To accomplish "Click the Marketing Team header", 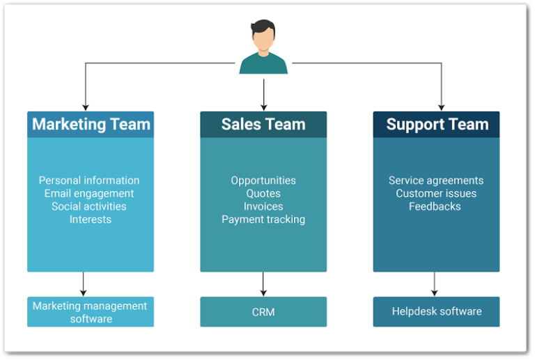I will (x=91, y=125).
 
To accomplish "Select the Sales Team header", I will (x=263, y=125).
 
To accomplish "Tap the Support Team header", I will (x=437, y=125).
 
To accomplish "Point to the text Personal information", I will (x=89, y=180).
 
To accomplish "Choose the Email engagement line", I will (x=89, y=194).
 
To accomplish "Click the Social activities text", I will (x=89, y=206).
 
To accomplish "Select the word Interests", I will (x=90, y=219).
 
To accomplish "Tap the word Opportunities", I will (x=263, y=180).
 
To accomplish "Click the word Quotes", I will (x=263, y=194).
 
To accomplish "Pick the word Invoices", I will (x=263, y=206).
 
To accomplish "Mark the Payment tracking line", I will (x=263, y=219).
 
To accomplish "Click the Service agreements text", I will (x=436, y=180).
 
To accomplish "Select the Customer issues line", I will (x=436, y=194).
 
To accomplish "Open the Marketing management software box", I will (x=91, y=312).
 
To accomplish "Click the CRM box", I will (x=263, y=312).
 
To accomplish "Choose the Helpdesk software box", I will (x=436, y=312).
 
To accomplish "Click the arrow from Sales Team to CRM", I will (x=263, y=284).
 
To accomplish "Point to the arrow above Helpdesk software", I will (x=435, y=284).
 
